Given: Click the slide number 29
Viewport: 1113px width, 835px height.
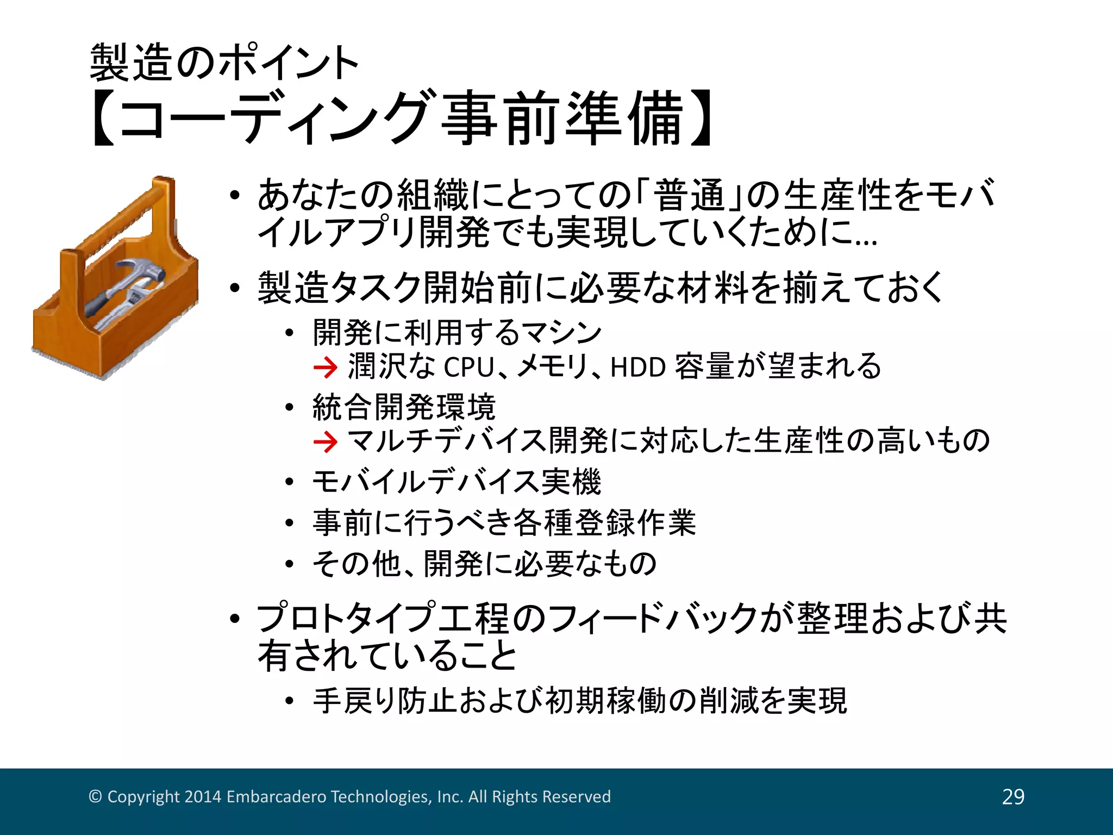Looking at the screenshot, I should click(x=1013, y=796).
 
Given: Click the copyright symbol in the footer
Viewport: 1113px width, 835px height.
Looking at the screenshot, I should click(x=95, y=796).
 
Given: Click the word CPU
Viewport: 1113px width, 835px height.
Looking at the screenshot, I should click(x=468, y=367).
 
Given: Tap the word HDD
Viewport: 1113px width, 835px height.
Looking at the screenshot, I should click(x=638, y=367).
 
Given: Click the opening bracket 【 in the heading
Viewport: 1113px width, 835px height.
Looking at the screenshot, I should click(x=103, y=119).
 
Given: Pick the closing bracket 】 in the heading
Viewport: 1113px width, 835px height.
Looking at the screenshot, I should click(x=702, y=119).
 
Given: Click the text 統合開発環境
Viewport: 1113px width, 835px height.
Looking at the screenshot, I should click(x=404, y=407).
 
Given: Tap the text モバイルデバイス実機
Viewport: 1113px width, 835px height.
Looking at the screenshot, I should click(x=457, y=482).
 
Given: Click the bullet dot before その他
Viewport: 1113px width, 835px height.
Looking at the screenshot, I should click(x=289, y=564).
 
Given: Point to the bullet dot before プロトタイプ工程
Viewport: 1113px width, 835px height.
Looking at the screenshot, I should click(x=234, y=619).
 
